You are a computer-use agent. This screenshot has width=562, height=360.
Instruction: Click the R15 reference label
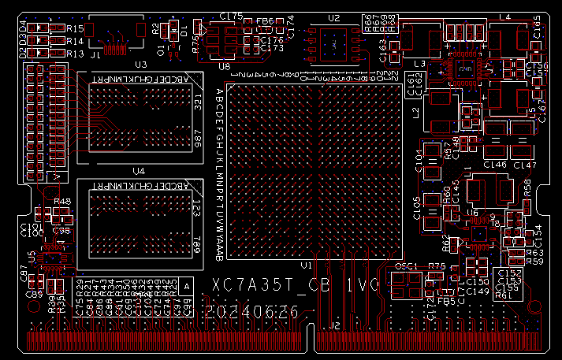(75, 28)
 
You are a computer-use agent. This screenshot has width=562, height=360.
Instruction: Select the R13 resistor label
(75, 54)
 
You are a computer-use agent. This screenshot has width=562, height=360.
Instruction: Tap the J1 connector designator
(95, 55)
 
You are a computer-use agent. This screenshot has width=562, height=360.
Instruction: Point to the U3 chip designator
(141, 65)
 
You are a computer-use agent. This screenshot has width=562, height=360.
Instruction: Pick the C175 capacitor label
(231, 16)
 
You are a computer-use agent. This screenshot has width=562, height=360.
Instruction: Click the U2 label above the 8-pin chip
(333, 17)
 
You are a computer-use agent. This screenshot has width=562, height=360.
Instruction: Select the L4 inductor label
(504, 17)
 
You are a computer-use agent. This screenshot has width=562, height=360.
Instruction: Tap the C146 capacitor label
(494, 165)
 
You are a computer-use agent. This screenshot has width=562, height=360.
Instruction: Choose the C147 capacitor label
(524, 165)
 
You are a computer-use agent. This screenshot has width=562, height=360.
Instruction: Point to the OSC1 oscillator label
(405, 266)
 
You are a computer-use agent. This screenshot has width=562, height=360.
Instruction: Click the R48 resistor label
(62, 202)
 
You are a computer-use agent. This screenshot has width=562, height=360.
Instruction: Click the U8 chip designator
(225, 66)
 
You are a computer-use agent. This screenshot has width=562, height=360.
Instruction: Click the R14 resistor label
(75, 41)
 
